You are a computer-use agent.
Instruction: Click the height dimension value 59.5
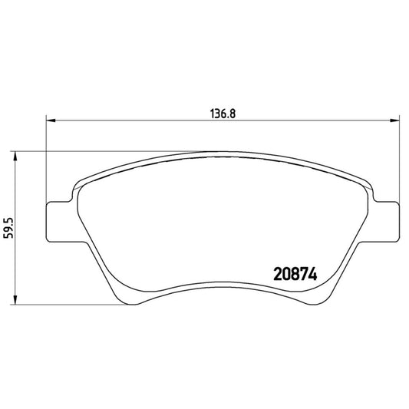click(x=8, y=228)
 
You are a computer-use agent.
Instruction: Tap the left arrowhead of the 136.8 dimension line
click(x=51, y=119)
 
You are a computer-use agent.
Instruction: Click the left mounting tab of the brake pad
click(x=58, y=223)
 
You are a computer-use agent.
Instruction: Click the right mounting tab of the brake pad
click(x=388, y=223)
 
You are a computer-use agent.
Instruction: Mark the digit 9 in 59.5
click(x=8, y=232)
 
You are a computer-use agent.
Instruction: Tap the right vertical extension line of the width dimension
click(x=400, y=161)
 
